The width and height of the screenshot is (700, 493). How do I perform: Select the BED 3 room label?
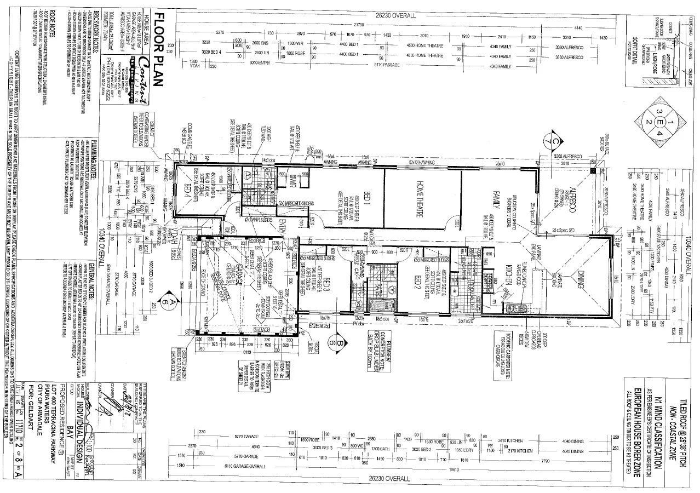[x=327, y=288]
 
